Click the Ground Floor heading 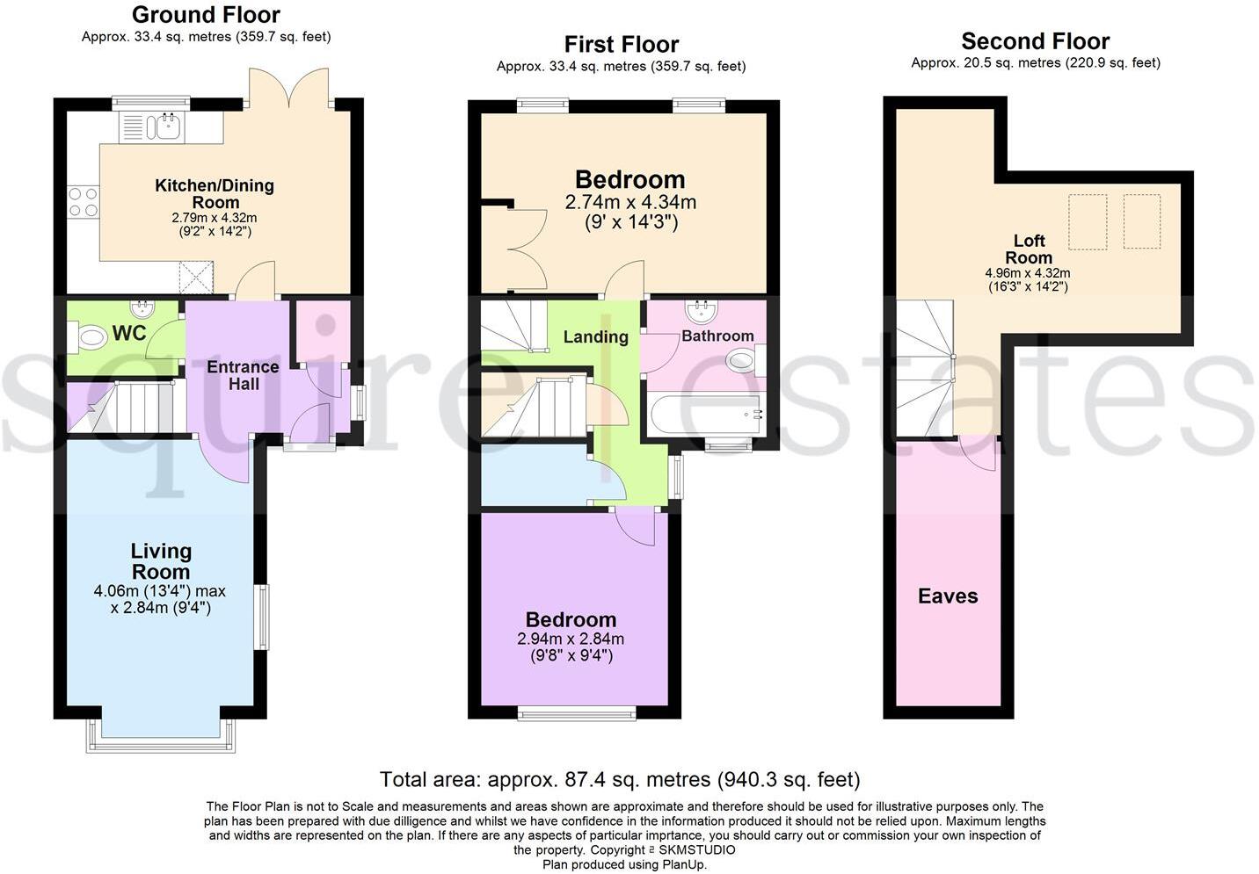click(x=206, y=15)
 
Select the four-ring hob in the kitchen click(x=84, y=202)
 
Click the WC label click(x=129, y=333)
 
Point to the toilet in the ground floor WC click(x=87, y=337)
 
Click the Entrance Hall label click(x=243, y=375)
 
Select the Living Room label click(x=161, y=561)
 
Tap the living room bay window click(x=161, y=736)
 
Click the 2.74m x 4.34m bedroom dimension click(x=630, y=202)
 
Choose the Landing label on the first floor click(x=596, y=336)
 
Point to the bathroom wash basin click(x=701, y=311)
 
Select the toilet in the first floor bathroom click(x=746, y=360)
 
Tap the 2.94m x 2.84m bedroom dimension click(x=571, y=639)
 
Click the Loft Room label click(x=1029, y=249)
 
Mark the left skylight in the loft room click(x=1088, y=221)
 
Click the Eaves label click(x=948, y=596)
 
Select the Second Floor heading click(x=1036, y=41)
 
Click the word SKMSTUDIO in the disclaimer click(x=697, y=850)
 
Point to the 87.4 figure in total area click(x=575, y=780)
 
